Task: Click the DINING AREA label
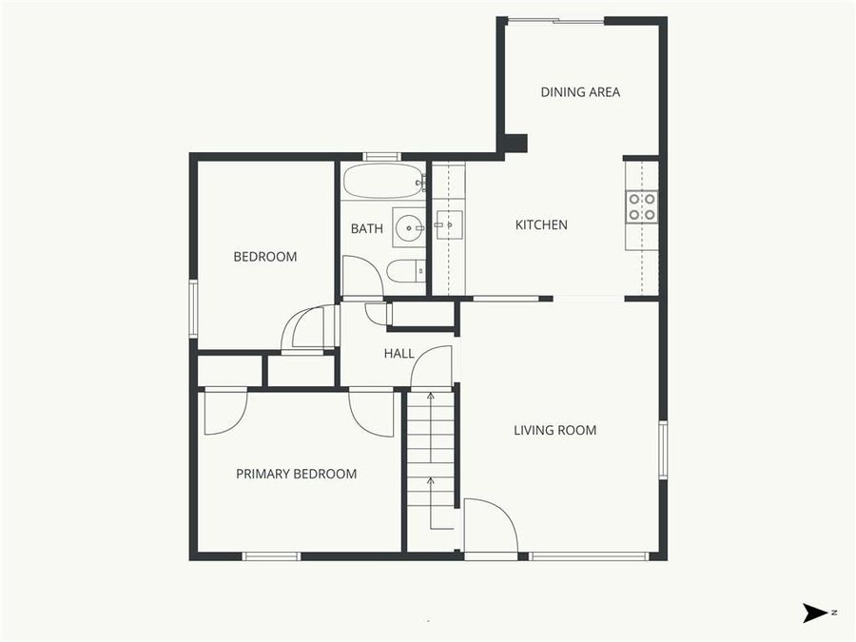click(580, 92)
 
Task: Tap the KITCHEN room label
click(541, 225)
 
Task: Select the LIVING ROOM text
click(554, 431)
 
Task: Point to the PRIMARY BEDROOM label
click(296, 475)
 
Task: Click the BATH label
click(366, 229)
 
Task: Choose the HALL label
click(399, 354)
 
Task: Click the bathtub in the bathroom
click(382, 180)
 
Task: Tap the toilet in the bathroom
click(405, 272)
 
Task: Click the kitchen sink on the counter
click(448, 226)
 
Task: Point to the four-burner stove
click(641, 206)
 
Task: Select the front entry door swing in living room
click(491, 526)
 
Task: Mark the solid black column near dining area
click(515, 144)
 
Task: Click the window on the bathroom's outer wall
click(381, 157)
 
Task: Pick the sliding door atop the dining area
click(556, 21)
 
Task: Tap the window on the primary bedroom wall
click(271, 556)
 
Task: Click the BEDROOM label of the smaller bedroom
click(265, 257)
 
